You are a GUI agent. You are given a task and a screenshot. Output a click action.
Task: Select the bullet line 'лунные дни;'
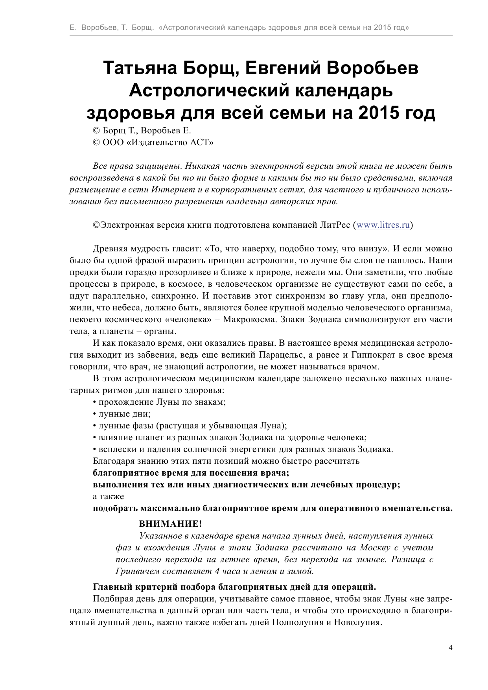[x=122, y=414]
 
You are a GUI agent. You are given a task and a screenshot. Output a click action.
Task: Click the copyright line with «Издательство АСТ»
[x=153, y=142]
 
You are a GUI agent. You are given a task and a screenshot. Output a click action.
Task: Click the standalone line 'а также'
[x=109, y=496]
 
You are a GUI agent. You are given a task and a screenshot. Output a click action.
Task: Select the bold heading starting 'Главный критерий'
[x=234, y=587]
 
